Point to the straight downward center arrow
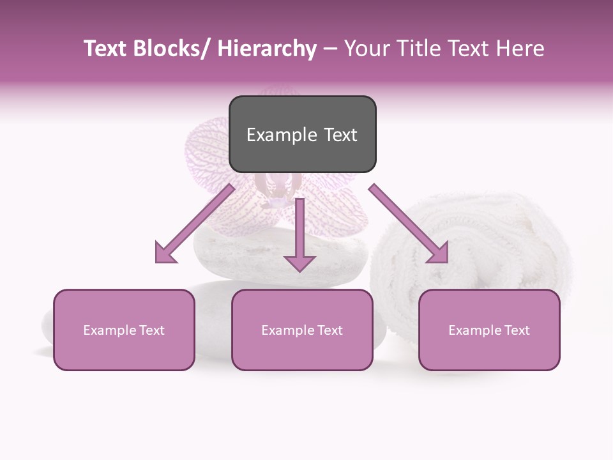coord(299,236)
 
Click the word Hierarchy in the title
coord(266,49)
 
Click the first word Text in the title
coord(107,49)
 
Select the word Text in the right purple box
coord(515,330)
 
